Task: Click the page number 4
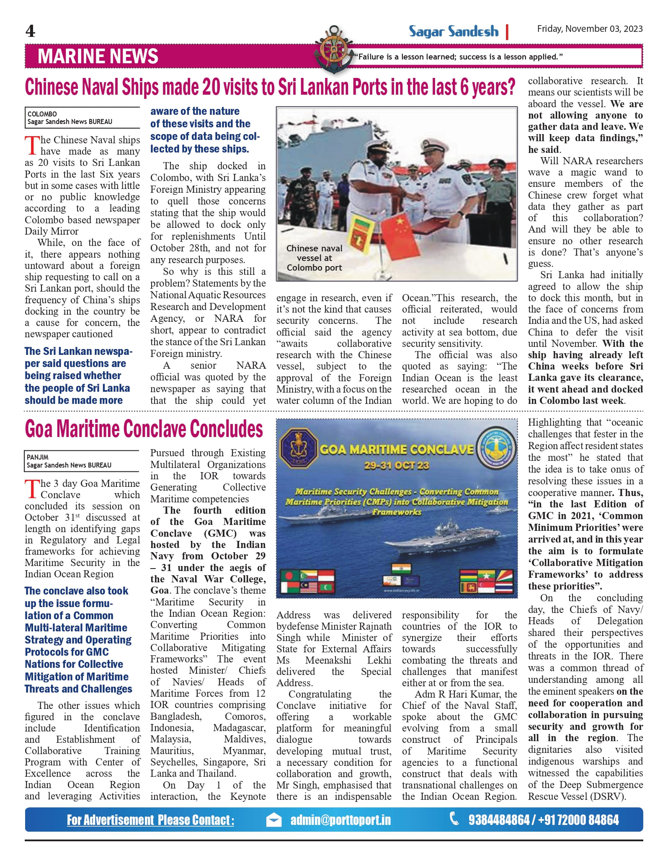[30, 31]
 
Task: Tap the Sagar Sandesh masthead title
[454, 31]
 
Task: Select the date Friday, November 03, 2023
[590, 28]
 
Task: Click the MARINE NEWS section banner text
[98, 56]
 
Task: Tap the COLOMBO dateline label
[42, 114]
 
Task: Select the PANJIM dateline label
[38, 457]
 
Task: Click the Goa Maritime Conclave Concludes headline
[144, 429]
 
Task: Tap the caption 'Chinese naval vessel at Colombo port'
[314, 258]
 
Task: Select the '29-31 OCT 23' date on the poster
[396, 465]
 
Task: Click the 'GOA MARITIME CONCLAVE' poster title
[397, 450]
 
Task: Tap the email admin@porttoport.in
[340, 820]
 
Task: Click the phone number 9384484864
[498, 820]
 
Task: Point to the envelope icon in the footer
[274, 820]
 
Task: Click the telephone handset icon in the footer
[454, 818]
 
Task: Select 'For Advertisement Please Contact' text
[150, 820]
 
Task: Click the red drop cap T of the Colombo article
[32, 145]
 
